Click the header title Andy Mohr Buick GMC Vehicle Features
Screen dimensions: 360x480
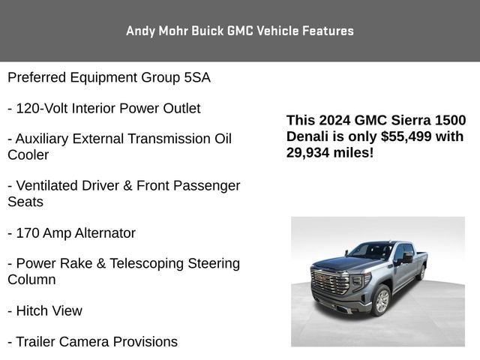point(240,31)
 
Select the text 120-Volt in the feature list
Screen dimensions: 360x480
point(40,108)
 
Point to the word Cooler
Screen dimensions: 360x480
point(28,155)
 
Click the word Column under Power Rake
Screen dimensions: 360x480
point(31,280)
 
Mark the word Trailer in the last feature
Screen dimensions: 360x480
point(37,342)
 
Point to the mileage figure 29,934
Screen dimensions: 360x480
point(310,152)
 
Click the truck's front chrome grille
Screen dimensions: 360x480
point(331,283)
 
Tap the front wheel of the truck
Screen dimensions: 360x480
point(382,300)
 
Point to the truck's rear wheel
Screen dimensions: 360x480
point(421,272)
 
